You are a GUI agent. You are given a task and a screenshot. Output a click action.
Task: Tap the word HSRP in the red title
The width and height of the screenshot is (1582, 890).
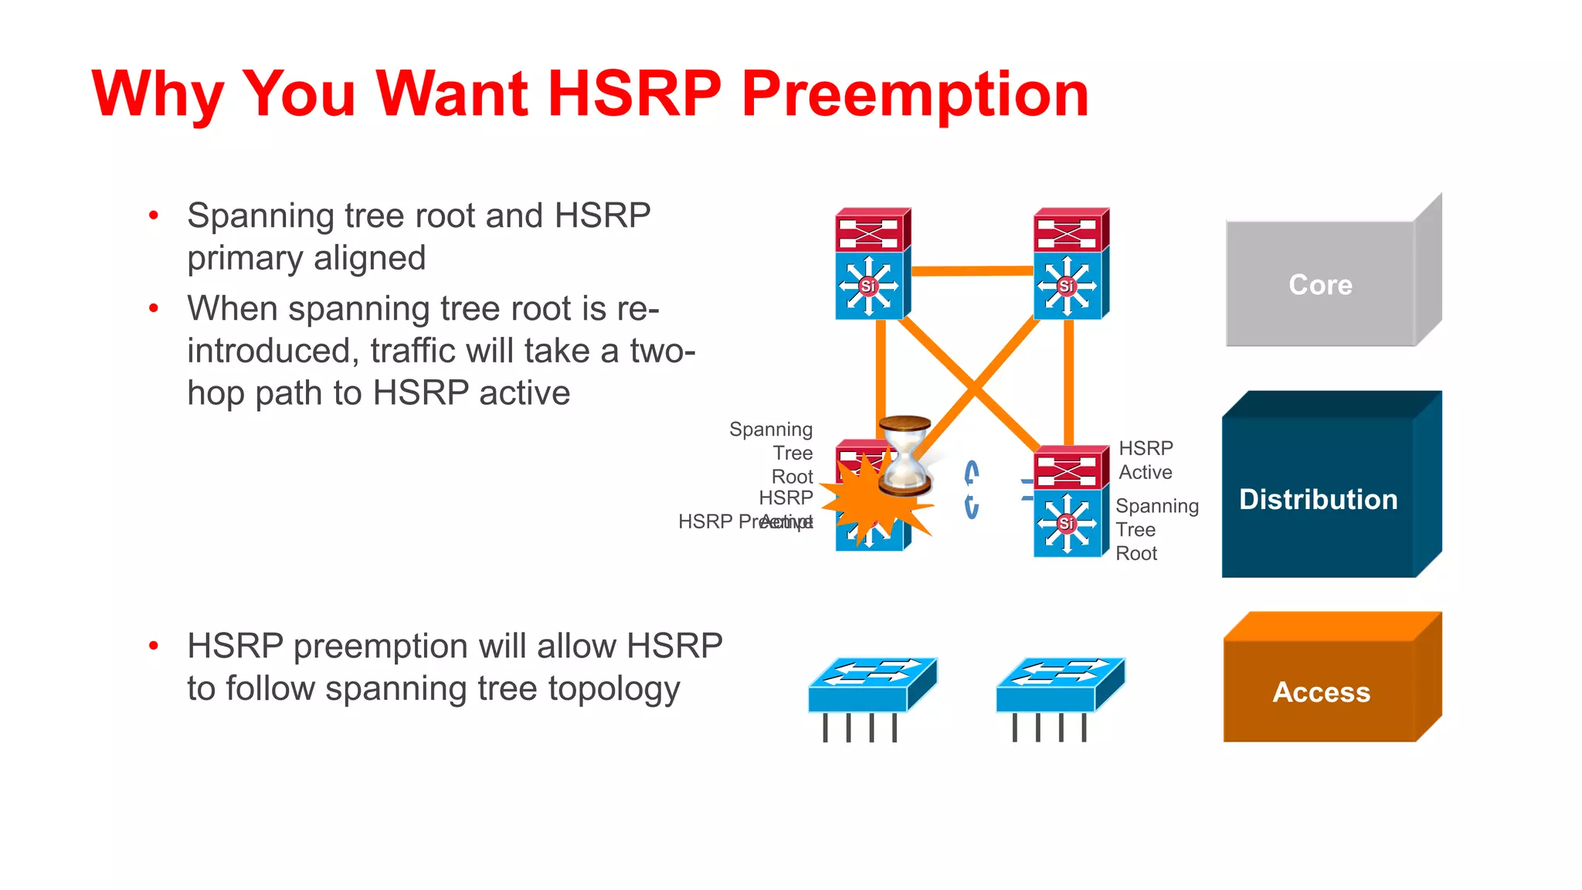click(x=633, y=94)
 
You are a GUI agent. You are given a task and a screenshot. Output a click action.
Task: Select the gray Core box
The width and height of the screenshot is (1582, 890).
click(x=1320, y=284)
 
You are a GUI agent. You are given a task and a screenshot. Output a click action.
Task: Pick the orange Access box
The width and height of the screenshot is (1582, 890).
click(x=1321, y=691)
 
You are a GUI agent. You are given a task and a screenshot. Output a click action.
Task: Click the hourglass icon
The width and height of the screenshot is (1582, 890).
click(x=905, y=456)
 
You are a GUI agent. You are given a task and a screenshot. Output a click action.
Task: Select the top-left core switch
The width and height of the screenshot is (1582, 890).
click(x=871, y=263)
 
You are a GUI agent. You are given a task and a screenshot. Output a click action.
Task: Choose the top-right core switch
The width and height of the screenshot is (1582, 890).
click(x=1070, y=263)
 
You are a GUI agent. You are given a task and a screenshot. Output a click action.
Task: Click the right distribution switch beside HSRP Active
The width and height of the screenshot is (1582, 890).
click(x=1070, y=502)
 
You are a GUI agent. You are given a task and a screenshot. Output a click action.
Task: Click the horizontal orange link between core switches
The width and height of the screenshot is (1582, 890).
click(x=973, y=270)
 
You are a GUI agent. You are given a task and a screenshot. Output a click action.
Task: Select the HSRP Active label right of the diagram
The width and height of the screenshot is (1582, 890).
click(x=1146, y=460)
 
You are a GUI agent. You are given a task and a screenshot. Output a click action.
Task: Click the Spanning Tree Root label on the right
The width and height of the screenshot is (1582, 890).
click(x=1156, y=530)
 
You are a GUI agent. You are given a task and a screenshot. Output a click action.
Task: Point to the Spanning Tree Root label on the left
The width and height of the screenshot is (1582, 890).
click(x=772, y=453)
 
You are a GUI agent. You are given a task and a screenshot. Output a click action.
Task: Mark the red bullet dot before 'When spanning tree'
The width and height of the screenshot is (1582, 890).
click(x=154, y=309)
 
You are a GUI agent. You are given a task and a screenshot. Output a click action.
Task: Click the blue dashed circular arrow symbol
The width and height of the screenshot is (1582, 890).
click(x=972, y=489)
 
